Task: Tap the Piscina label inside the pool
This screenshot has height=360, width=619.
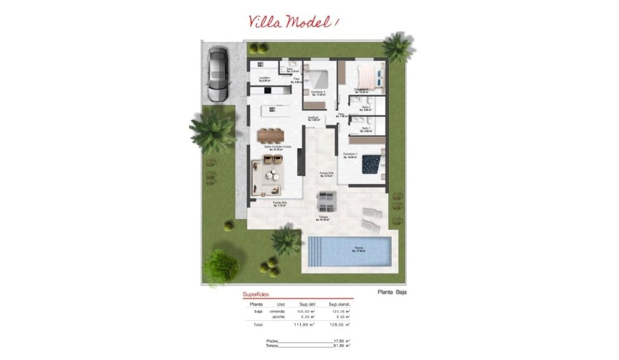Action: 358,250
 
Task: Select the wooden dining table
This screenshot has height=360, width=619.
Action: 271,135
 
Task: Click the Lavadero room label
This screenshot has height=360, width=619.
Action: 265,79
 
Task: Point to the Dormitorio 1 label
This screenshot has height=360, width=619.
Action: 351,155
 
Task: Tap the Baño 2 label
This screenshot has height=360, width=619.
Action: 366,108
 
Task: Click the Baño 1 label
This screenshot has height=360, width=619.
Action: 366,129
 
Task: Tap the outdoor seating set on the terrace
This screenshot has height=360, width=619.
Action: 326,201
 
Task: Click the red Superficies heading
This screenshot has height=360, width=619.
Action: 255,294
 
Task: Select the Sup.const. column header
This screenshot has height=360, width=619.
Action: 340,304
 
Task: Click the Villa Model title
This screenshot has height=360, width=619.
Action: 294,21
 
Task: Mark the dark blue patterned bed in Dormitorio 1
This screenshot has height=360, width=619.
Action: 371,163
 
